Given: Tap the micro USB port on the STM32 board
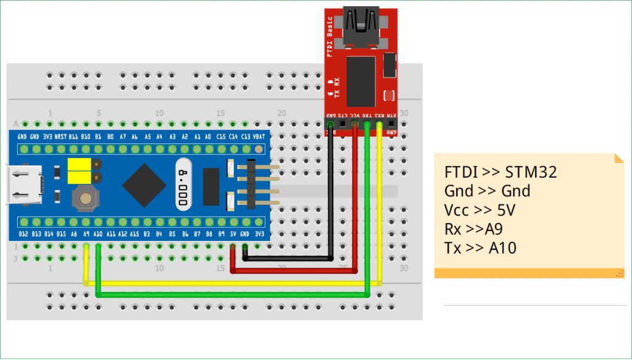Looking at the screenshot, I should (25, 185).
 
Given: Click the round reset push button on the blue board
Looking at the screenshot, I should (85, 198).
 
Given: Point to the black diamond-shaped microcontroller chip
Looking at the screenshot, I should (144, 185).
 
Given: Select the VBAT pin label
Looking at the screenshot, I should (259, 136).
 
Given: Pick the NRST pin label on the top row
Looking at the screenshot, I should (61, 136).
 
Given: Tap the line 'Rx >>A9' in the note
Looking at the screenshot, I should (473, 229).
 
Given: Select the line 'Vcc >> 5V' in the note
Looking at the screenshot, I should (480, 210).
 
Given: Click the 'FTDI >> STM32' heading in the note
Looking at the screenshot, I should (500, 172).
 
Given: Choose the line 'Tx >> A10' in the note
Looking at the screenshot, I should (480, 248).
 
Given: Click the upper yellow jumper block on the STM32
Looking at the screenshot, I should (78, 164).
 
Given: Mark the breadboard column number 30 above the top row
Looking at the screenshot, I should (404, 113).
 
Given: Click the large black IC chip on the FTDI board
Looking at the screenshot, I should (360, 82).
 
